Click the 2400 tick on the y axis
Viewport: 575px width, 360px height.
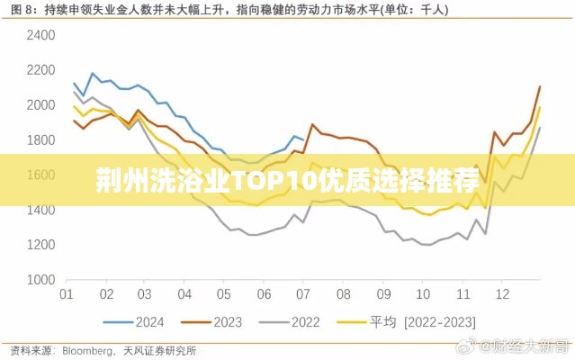(41, 35)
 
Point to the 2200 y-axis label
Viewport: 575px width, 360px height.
(41, 70)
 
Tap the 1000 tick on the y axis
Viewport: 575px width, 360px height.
(41, 280)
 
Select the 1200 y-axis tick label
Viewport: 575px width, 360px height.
(41, 245)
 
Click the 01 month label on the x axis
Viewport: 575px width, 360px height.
(66, 294)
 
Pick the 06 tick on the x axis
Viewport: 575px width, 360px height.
(264, 294)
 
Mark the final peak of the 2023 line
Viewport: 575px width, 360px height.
(539, 87)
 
